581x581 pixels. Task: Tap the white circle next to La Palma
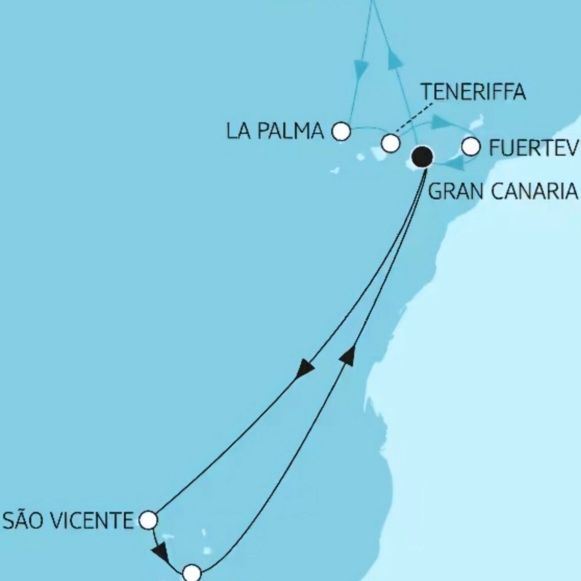pos(341,131)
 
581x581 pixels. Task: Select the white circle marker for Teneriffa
pos(390,143)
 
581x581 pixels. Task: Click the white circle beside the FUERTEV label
pos(471,147)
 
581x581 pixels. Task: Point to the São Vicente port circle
pos(148,520)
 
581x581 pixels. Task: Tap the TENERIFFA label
pos(473,92)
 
